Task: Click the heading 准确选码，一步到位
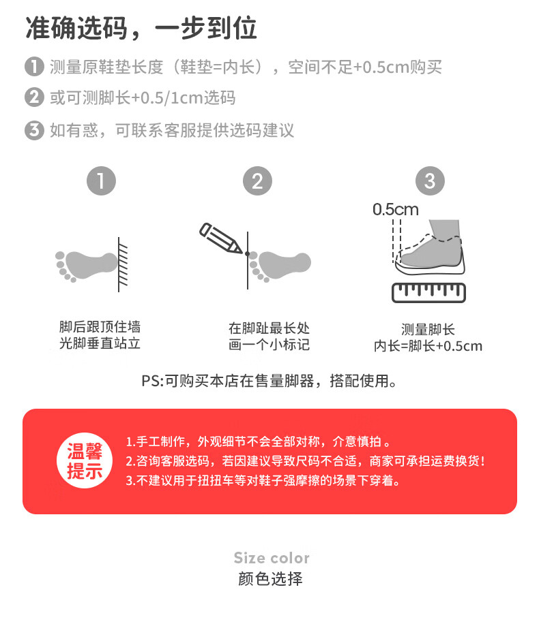coord(141,29)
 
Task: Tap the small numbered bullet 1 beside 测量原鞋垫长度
coord(34,67)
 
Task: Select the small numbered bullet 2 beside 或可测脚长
coord(34,97)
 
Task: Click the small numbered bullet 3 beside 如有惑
coord(34,129)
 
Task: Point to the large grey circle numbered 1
coord(101,181)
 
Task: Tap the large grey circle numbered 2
coord(257,181)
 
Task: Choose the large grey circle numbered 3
coord(430,181)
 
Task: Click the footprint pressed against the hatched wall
coord(86,266)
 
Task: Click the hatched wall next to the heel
coord(123,264)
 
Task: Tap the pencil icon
coord(221,238)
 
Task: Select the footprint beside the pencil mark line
coord(280,266)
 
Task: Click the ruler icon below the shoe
coord(428,293)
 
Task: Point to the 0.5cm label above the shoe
coord(396,210)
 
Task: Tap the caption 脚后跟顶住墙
coord(100,326)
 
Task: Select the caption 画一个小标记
coord(269,345)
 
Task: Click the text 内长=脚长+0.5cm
coord(428,346)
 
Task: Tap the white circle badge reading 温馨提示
coord(85,460)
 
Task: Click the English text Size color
coord(272,558)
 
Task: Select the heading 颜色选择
coord(270,578)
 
